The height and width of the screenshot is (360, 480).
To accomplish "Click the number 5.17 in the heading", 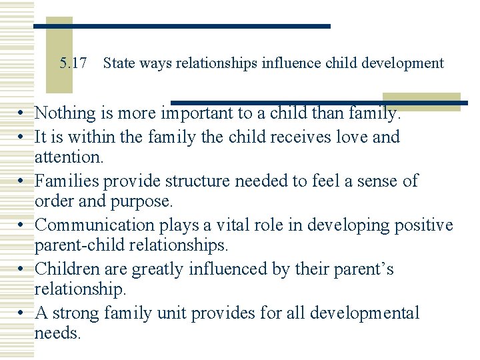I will [73, 64].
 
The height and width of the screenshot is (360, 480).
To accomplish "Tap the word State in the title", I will [118, 64].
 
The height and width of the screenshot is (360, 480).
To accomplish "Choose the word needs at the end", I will [57, 333].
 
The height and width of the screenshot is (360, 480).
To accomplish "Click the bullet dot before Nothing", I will [23, 114].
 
